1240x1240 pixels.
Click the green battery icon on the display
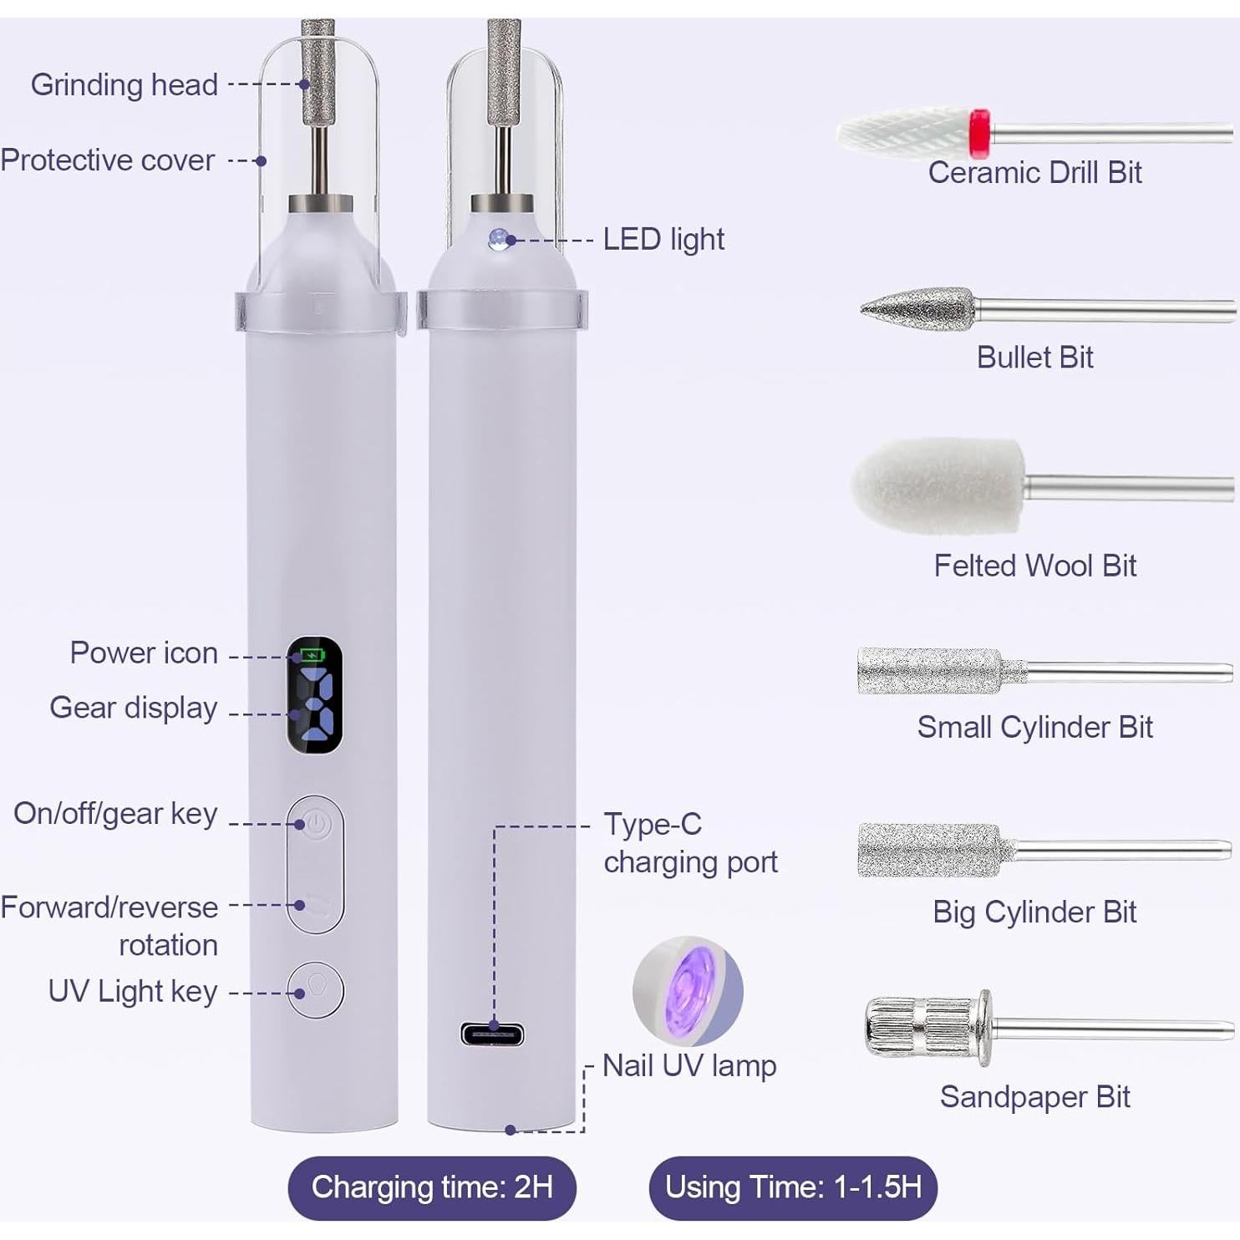310,654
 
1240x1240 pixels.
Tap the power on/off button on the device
316,825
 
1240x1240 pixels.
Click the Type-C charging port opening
492,1034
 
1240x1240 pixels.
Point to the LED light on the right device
498,238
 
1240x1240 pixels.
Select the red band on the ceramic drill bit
979,133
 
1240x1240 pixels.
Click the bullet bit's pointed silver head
919,309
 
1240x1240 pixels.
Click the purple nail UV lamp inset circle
688,990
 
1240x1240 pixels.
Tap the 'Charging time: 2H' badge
432,1187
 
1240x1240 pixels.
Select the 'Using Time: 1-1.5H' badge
793,1187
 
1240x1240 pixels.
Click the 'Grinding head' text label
125,84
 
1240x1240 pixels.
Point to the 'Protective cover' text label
108,160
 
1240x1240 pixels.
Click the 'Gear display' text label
134,708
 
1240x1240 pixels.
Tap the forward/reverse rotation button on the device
316,905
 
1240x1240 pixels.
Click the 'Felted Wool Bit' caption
1034,566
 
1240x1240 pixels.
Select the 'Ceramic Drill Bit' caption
1034,172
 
